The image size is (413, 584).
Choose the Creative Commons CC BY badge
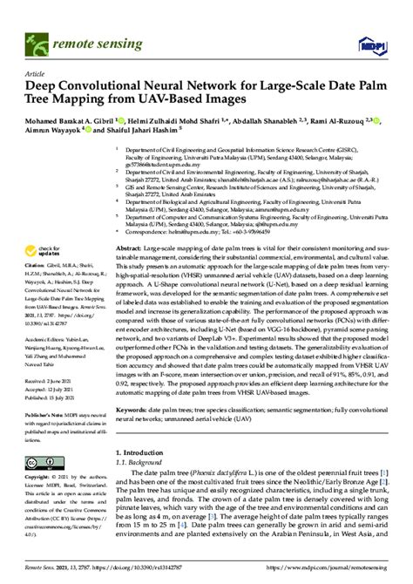[x=43, y=463]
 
